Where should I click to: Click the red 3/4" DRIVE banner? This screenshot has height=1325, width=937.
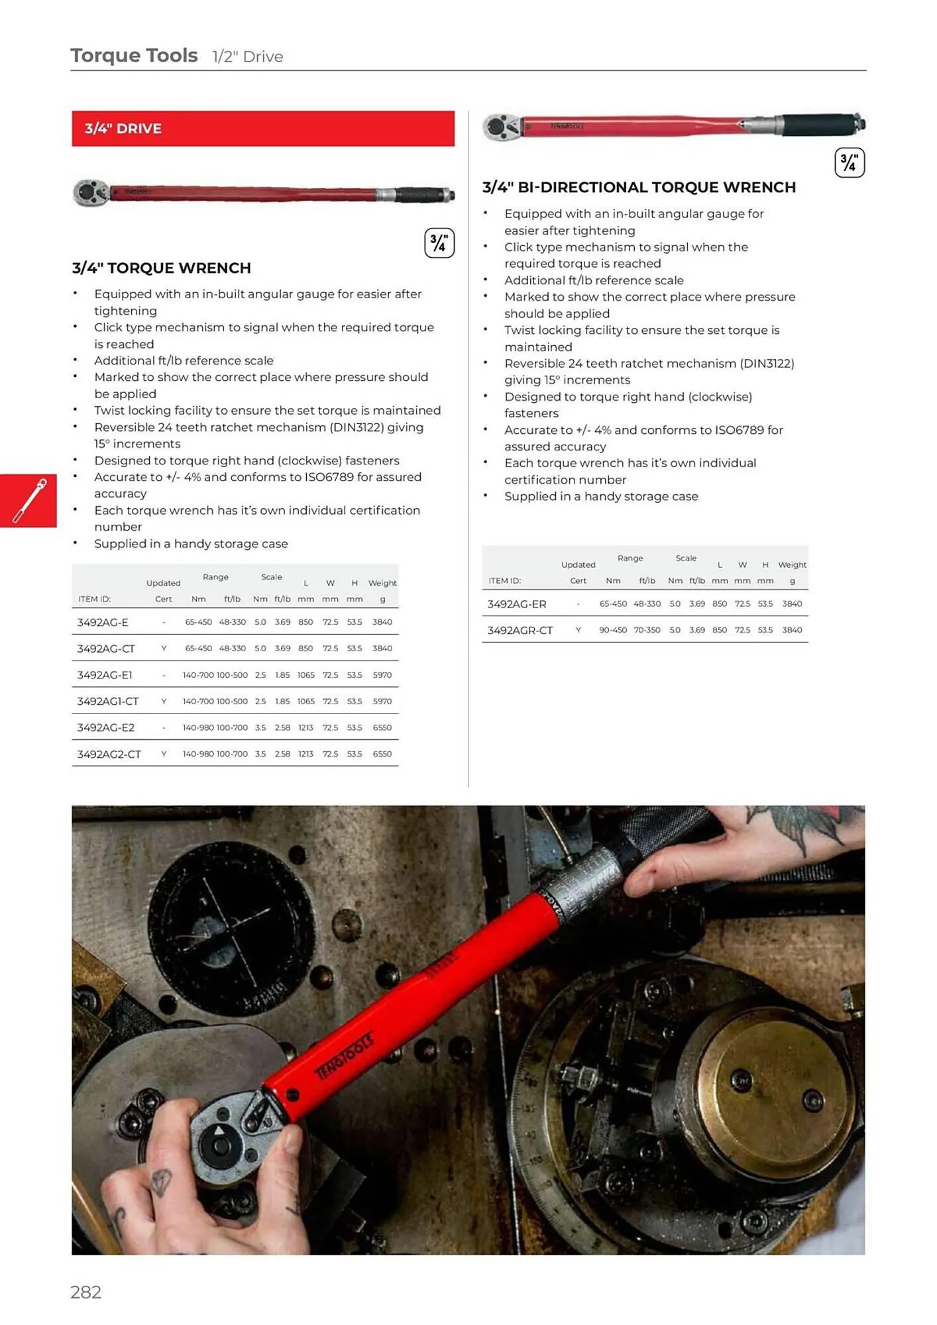click(263, 129)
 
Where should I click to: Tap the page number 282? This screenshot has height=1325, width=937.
click(86, 1292)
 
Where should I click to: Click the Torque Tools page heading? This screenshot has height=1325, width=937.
click(135, 56)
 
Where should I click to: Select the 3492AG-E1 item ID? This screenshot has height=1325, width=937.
click(105, 675)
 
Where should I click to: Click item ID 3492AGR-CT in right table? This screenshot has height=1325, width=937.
click(520, 630)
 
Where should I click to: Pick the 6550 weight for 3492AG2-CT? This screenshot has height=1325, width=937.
click(382, 754)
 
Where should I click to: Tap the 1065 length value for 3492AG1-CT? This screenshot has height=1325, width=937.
click(305, 701)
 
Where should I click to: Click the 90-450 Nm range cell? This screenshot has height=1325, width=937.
click(612, 630)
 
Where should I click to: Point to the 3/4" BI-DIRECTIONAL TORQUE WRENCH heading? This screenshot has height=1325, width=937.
click(639, 187)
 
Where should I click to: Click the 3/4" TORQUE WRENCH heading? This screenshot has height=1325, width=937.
click(162, 268)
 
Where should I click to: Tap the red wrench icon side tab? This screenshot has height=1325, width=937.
click(28, 501)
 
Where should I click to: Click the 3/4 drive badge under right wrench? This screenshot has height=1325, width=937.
click(849, 163)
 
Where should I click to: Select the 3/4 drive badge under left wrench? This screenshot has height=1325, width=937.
click(439, 243)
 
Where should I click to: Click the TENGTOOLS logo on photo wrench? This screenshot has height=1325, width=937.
click(343, 1056)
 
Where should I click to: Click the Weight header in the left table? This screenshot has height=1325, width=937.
click(382, 583)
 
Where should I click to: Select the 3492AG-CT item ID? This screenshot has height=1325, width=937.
click(106, 649)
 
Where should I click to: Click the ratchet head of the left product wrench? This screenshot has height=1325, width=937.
click(89, 193)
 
